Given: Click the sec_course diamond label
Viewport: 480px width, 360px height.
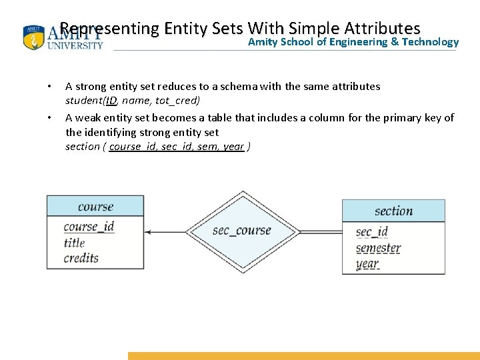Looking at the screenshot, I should point(241,231).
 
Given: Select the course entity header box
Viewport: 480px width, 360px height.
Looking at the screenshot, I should point(95,206).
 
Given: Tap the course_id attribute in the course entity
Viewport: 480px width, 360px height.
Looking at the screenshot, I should point(89,227).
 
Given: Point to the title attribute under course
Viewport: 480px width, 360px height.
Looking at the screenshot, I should point(75,243).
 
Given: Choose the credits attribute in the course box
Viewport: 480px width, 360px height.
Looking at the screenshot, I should point(81,258).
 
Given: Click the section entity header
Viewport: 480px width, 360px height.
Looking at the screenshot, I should point(393,211).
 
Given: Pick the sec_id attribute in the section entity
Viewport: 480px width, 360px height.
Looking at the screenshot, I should point(371,232).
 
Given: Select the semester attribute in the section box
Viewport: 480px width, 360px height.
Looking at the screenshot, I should point(378,248).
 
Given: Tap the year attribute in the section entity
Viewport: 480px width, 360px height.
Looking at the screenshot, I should point(367,263).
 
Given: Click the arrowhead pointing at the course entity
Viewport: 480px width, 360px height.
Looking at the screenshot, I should point(148,231).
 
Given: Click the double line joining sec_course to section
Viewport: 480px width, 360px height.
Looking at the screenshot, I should point(320,231).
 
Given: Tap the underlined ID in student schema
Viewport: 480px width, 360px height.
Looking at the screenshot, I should point(111,101).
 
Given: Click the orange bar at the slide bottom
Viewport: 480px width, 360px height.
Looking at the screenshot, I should point(303,356).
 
